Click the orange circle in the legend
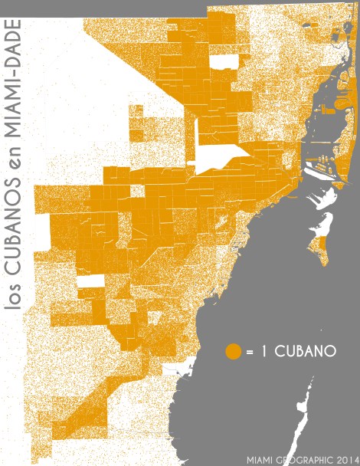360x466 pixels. [x=234, y=352]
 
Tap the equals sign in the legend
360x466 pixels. [x=250, y=352]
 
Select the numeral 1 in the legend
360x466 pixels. [x=263, y=352]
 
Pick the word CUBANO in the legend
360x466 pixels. [x=305, y=352]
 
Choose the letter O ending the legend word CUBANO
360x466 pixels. [x=331, y=352]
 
